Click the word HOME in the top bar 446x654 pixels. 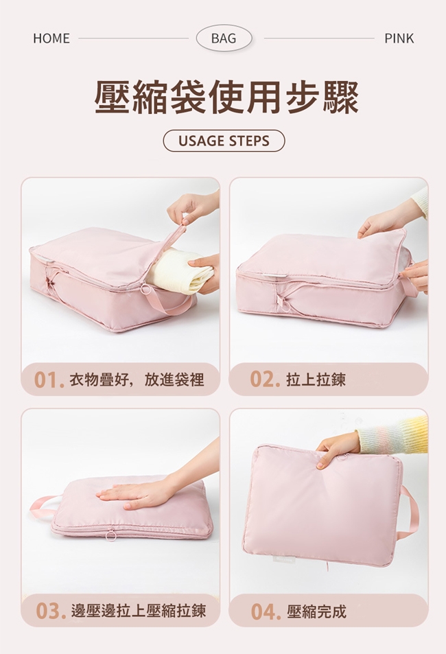tap(51, 38)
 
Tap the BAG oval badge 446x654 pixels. tap(224, 38)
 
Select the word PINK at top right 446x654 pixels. tap(399, 38)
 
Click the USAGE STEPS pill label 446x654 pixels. tap(224, 141)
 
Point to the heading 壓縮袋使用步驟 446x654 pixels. tap(226, 97)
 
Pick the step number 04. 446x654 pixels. tap(266, 611)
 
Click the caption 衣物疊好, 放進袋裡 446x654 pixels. tap(137, 380)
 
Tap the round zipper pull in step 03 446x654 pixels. tap(111, 535)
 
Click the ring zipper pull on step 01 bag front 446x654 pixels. tap(146, 290)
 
